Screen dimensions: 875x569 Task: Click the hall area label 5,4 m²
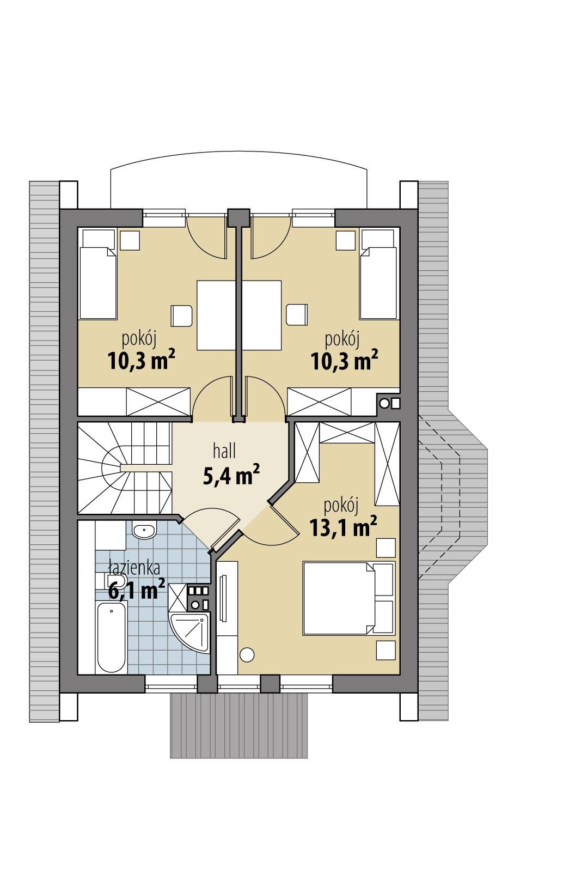click(x=230, y=474)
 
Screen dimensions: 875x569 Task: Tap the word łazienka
click(x=133, y=568)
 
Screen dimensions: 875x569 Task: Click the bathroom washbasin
click(x=144, y=530)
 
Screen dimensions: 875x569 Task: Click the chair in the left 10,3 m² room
click(x=182, y=315)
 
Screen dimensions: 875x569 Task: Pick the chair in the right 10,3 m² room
click(x=296, y=315)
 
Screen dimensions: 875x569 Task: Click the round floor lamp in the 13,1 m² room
click(x=247, y=654)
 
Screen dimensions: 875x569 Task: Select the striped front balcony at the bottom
click(x=240, y=725)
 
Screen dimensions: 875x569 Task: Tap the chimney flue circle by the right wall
click(x=385, y=404)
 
